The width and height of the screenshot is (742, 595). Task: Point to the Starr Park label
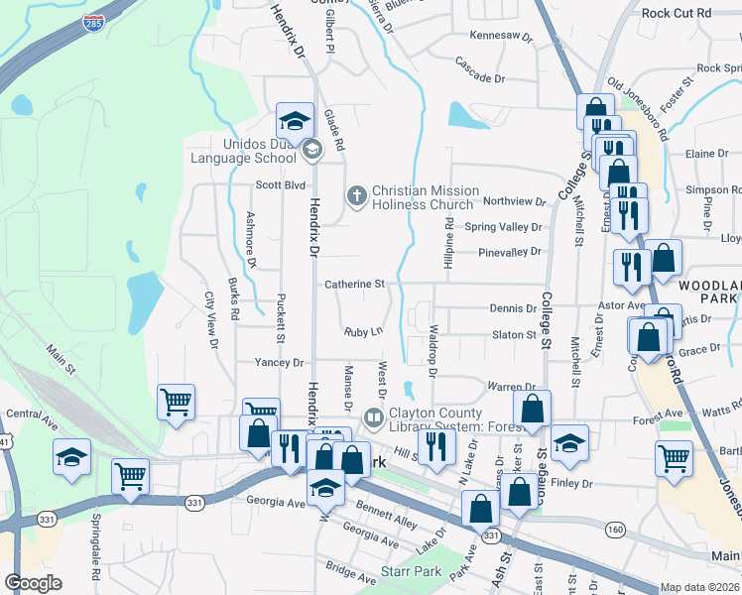(411, 572)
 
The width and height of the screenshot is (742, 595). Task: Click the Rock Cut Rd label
(677, 13)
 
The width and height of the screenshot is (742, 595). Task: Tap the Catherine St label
(354, 285)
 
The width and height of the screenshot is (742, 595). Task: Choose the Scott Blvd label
(280, 184)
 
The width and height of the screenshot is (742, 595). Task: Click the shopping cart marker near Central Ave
(176, 403)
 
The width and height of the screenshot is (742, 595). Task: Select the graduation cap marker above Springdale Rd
(71, 457)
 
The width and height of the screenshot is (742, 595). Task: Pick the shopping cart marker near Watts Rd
(674, 458)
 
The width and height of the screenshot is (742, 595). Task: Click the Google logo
(33, 583)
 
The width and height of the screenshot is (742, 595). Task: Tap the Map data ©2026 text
(699, 587)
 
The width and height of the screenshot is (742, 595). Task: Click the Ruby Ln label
(363, 332)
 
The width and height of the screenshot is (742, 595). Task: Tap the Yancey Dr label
(279, 363)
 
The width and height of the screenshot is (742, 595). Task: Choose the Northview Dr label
(514, 201)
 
